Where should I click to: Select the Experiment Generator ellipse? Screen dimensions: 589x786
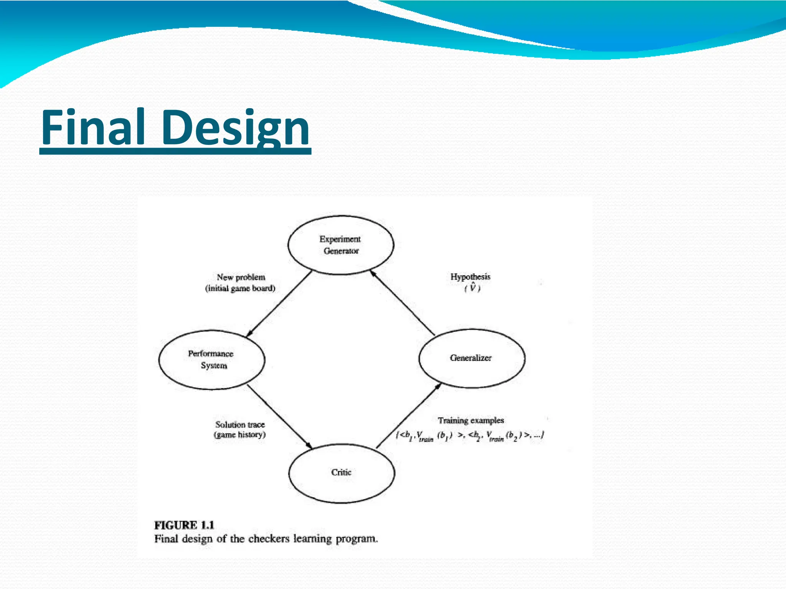[340, 245]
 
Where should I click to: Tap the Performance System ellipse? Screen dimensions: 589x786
[211, 359]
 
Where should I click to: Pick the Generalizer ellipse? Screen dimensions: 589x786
[471, 358]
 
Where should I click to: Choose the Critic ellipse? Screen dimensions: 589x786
[341, 472]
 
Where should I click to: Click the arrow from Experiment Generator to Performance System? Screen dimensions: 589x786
[279, 303]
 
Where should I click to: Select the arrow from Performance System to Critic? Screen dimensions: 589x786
[279, 417]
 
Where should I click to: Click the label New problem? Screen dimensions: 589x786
[241, 277]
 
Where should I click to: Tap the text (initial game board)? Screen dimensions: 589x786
[240, 288]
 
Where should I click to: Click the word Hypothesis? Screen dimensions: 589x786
[471, 276]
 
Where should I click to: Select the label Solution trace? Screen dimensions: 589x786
[240, 424]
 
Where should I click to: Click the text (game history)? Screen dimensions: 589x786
[240, 435]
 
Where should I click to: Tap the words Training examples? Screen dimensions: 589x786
[471, 420]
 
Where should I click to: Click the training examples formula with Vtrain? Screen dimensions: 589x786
[470, 436]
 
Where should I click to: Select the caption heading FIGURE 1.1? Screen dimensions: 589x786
[184, 525]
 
